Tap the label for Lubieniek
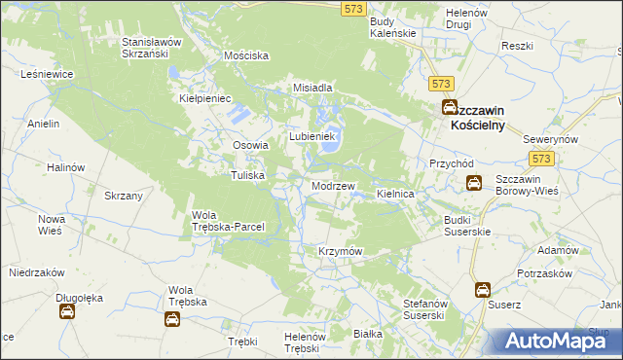click(x=311, y=136)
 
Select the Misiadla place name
click(x=313, y=88)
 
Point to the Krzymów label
click(x=341, y=251)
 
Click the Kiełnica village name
click(x=396, y=195)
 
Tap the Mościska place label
click(x=245, y=56)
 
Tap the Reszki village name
click(x=517, y=46)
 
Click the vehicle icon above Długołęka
click(x=68, y=311)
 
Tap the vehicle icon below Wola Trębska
click(x=172, y=318)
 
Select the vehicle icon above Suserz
click(x=483, y=289)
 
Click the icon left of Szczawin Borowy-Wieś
click(x=473, y=182)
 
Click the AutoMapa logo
click(x=552, y=341)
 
